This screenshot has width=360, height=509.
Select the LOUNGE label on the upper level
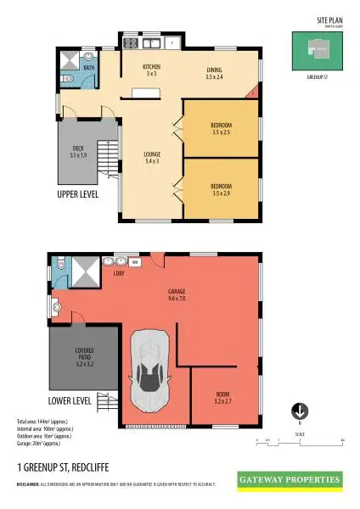tap(152, 157)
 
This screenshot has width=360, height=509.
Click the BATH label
tap(88, 66)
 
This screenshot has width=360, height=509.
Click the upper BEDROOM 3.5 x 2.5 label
tap(221, 130)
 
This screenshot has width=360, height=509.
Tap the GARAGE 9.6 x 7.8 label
tap(177, 294)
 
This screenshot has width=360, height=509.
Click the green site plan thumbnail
tap(314, 50)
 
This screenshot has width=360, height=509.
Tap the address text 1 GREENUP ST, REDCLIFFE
tap(63, 467)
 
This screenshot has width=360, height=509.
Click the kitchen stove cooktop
tap(132, 42)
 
